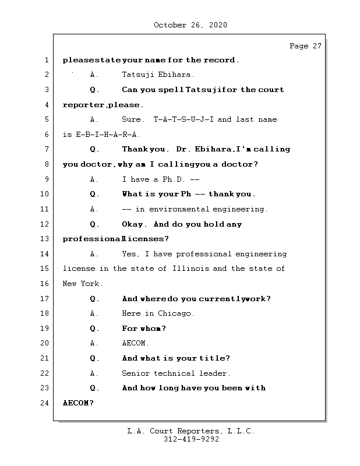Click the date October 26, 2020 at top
point(190,25)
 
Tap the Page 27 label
point(305,46)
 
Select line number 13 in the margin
point(45,239)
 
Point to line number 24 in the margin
point(45,403)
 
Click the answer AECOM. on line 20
point(136,343)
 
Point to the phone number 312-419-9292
point(191,440)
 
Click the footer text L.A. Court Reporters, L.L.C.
point(191,431)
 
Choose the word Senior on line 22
point(135,373)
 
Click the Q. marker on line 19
point(94,329)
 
